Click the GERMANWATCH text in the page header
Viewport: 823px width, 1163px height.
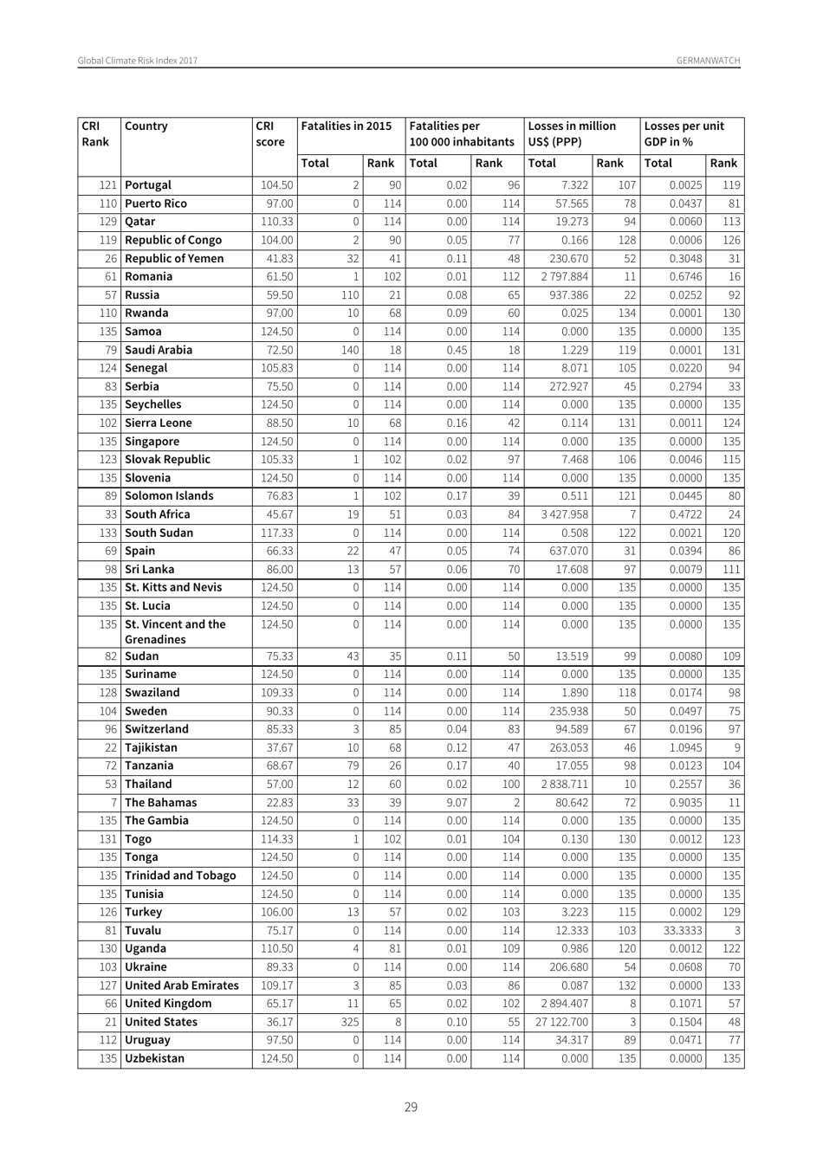(708, 61)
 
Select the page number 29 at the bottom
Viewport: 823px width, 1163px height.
(411, 1106)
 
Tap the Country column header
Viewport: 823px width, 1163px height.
(146, 126)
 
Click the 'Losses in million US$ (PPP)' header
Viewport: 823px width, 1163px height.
(571, 133)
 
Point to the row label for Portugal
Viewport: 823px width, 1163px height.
(148, 184)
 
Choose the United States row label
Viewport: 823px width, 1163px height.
(161, 1022)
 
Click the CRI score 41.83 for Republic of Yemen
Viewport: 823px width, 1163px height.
(277, 258)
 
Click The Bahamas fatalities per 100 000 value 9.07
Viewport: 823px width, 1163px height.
(456, 803)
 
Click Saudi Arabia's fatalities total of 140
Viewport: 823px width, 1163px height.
(350, 350)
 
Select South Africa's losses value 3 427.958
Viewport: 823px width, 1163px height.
(563, 514)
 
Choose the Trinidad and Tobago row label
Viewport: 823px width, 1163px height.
(180, 875)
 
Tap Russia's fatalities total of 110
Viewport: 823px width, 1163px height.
(350, 294)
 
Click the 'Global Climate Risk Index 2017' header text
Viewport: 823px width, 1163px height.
(138, 61)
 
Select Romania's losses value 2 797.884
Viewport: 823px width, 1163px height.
(563, 276)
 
